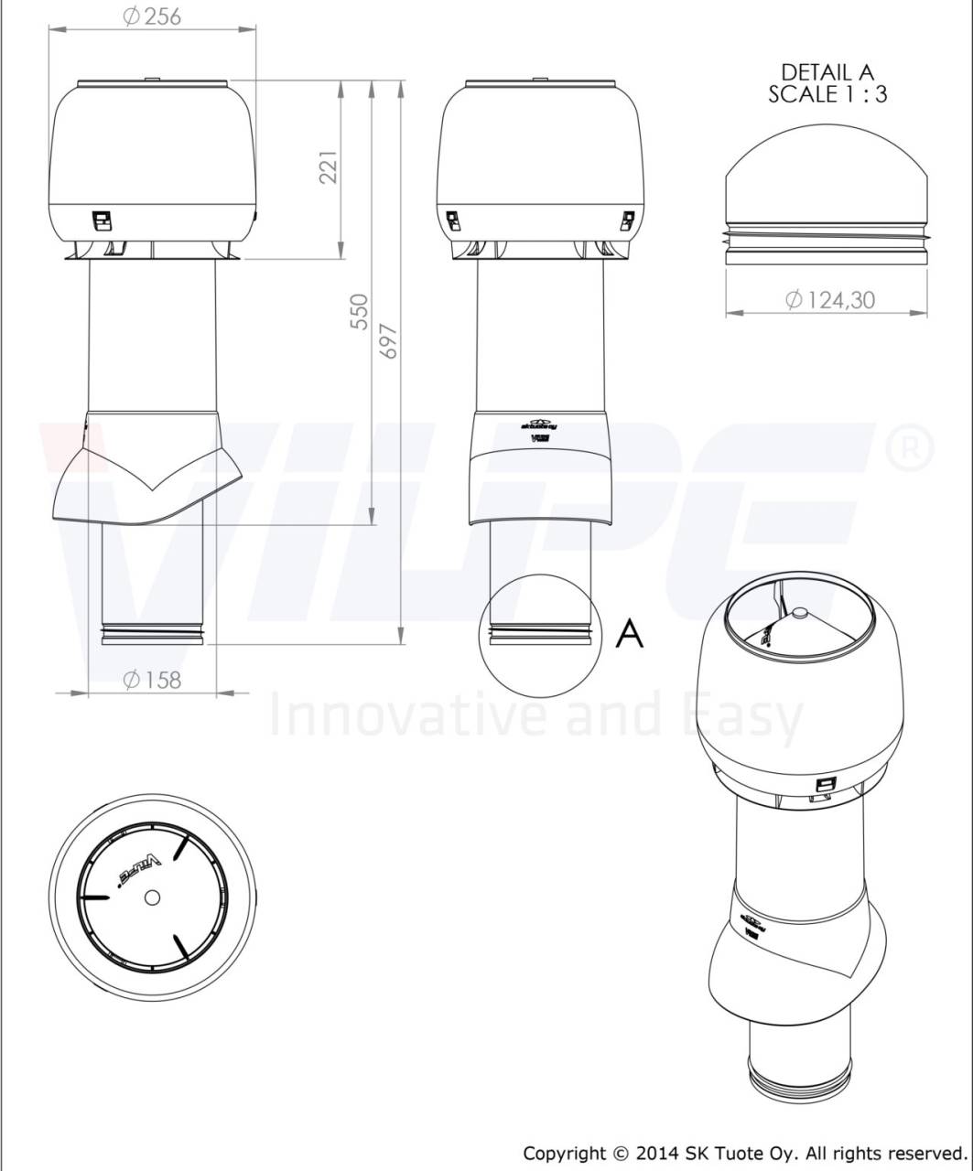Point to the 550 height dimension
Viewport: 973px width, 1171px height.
359,311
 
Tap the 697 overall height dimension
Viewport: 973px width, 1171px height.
388,339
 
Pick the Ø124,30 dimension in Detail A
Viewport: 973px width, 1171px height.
829,299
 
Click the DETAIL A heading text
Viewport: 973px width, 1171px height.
827,71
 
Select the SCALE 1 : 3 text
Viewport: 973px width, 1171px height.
827,93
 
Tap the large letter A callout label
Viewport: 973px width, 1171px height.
629,633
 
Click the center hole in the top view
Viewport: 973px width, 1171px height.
152,898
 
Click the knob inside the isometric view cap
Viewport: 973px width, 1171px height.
799,615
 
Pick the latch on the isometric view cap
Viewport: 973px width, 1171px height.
825,785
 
